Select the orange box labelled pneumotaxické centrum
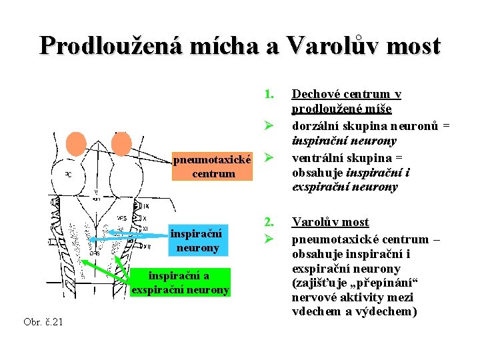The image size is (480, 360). [213, 167]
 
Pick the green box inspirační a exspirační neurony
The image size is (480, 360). [180, 283]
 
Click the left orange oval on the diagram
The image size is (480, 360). [77, 144]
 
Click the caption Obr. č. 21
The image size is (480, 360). [43, 323]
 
